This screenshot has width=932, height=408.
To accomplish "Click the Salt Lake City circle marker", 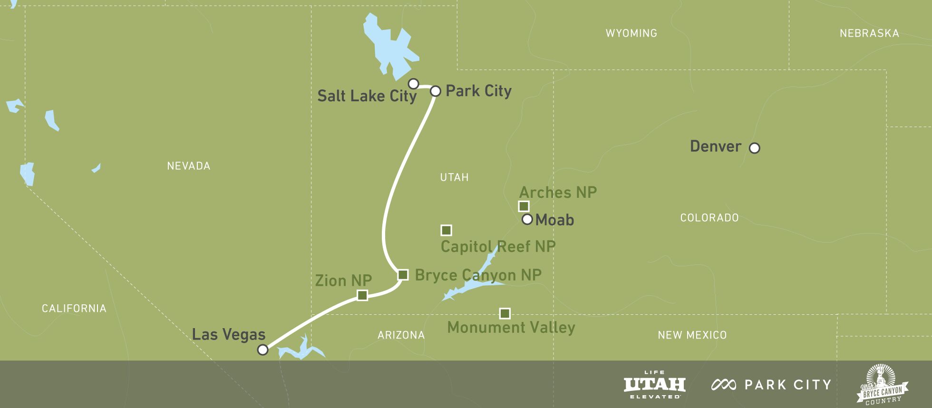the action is (x=414, y=84).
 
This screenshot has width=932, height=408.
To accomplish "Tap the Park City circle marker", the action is (x=436, y=91).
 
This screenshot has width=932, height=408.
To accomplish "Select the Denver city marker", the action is (x=754, y=148).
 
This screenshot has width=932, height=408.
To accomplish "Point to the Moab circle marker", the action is (x=527, y=219).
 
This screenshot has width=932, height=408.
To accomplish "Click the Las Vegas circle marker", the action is (x=262, y=350).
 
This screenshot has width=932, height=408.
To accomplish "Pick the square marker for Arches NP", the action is (x=524, y=206).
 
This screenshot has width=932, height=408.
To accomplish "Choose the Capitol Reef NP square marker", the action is (x=446, y=230).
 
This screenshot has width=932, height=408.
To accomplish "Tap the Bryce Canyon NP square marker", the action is (x=403, y=275).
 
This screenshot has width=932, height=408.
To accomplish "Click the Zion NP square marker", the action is (x=362, y=295).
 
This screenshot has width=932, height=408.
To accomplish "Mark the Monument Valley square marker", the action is (x=505, y=313).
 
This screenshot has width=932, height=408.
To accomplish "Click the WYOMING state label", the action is (x=631, y=33).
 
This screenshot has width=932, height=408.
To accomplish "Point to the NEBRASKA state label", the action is (x=869, y=33).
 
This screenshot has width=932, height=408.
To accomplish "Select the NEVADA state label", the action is (x=189, y=166).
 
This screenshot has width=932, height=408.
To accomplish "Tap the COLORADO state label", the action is (x=709, y=218).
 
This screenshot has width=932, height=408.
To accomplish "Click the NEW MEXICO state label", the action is (x=692, y=335).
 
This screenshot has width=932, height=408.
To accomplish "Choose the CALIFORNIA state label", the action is (x=74, y=309).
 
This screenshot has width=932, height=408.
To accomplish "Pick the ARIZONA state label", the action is (x=401, y=335).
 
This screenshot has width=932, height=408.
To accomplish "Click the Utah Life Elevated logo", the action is (x=655, y=385).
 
